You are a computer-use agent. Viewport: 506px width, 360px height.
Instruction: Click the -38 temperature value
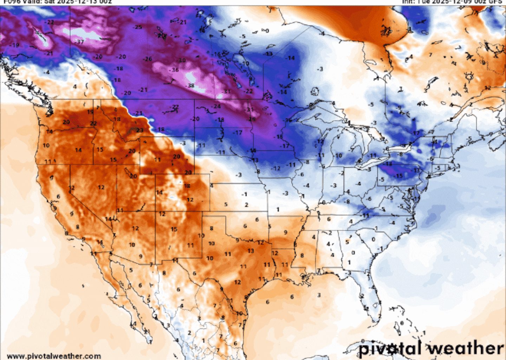(190, 85)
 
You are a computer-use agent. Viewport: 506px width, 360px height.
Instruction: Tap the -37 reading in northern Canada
(80, 41)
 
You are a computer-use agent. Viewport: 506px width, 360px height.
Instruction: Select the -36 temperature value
(174, 70)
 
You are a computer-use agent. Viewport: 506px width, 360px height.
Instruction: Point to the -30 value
(181, 60)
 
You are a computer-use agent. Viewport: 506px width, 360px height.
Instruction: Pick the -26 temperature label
(148, 59)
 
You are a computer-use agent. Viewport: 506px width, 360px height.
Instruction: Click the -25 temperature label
(138, 27)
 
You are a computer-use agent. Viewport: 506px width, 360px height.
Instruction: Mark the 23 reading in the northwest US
(140, 130)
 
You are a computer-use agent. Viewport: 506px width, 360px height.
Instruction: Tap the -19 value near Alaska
(15, 45)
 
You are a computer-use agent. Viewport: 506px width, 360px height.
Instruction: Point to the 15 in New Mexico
(174, 229)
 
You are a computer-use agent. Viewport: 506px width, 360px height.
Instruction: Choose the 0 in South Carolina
(373, 239)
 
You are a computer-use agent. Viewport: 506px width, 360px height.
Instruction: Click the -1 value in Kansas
(245, 194)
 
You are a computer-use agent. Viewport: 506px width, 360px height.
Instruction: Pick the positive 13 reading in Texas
(250, 251)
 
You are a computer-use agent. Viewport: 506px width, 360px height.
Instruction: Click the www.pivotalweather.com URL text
(54, 356)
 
